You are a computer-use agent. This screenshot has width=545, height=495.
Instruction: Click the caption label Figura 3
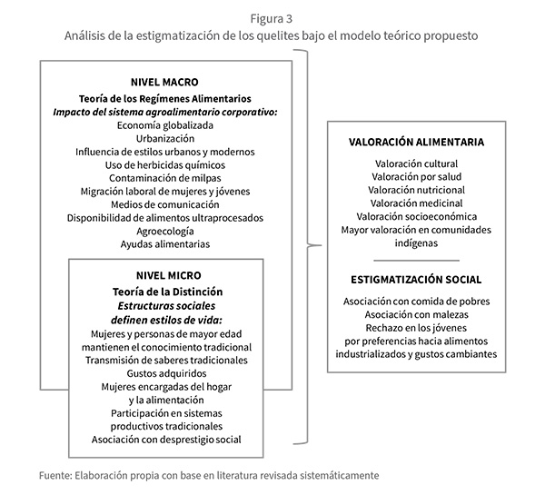tap(272, 15)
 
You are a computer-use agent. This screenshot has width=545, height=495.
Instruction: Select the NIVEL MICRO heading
tap(164, 275)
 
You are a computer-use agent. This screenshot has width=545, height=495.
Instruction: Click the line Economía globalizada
tap(164, 125)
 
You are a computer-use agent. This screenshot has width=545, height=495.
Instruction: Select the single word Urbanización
tap(164, 138)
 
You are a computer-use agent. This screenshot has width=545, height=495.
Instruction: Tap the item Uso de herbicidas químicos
tap(164, 164)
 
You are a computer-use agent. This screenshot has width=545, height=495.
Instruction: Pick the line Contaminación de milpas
tap(164, 178)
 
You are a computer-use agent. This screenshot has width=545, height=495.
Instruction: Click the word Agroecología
tap(164, 231)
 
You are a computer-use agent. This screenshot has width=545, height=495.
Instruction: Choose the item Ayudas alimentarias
tap(164, 244)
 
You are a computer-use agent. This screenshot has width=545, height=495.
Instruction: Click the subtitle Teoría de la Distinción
tap(164, 292)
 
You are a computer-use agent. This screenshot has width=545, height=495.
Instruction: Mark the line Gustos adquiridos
tap(164, 372)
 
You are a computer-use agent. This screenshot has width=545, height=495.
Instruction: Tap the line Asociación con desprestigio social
tap(164, 440)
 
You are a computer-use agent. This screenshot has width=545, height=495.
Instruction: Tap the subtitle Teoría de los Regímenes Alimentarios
tap(164, 97)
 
